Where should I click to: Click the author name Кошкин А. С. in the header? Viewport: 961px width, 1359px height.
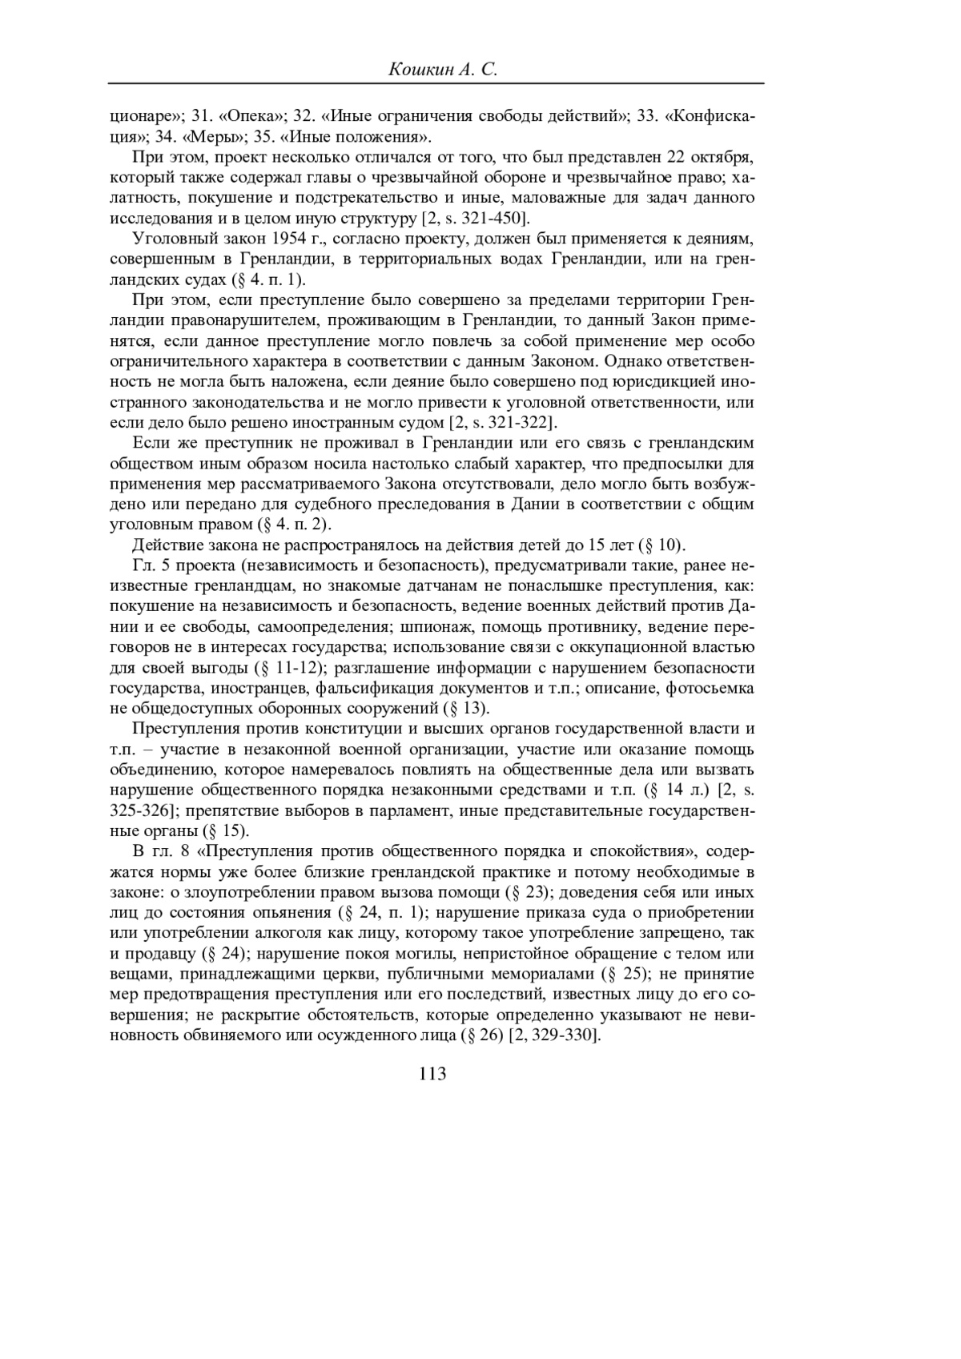[x=443, y=70]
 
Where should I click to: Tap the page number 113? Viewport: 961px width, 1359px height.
[x=432, y=1074]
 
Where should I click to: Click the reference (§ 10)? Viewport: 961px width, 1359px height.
[x=661, y=545]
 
